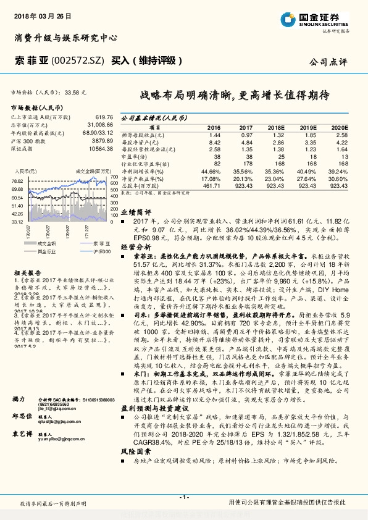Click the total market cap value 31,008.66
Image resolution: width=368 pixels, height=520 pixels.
click(x=98, y=125)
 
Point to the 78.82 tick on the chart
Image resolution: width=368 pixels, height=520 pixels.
click(x=17, y=180)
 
